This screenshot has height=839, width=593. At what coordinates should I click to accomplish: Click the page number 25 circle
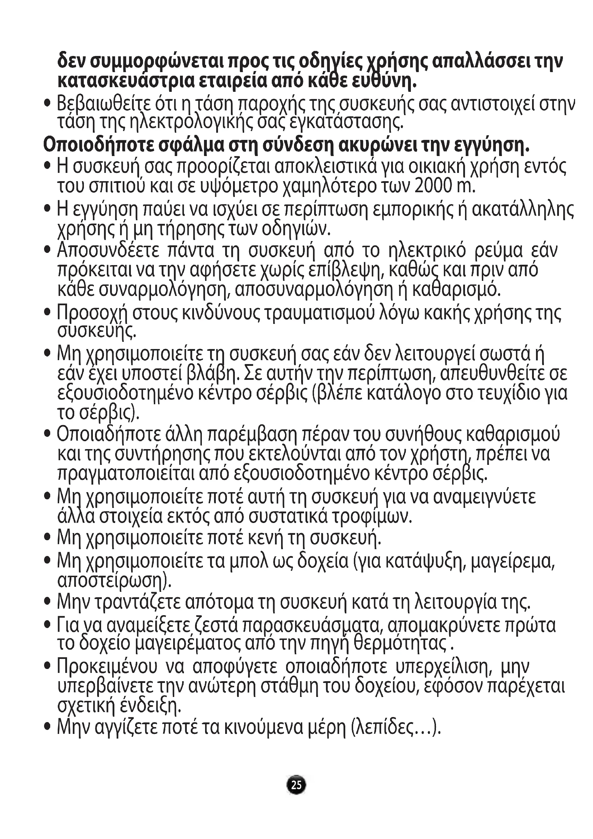(296, 784)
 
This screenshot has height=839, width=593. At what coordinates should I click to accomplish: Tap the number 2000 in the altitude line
(432, 186)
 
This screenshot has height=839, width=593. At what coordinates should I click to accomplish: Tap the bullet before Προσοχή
(47, 313)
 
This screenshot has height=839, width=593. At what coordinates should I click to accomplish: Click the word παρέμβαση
(252, 434)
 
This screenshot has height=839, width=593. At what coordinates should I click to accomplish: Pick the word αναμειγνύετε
(485, 497)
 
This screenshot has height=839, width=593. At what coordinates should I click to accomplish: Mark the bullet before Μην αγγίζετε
(47, 727)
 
